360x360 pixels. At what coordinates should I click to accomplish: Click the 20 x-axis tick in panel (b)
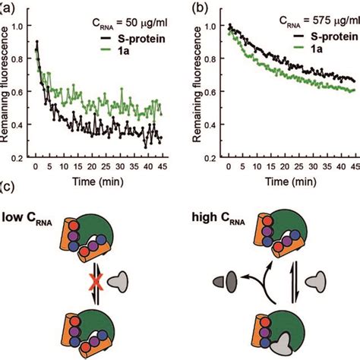point(274,164)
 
